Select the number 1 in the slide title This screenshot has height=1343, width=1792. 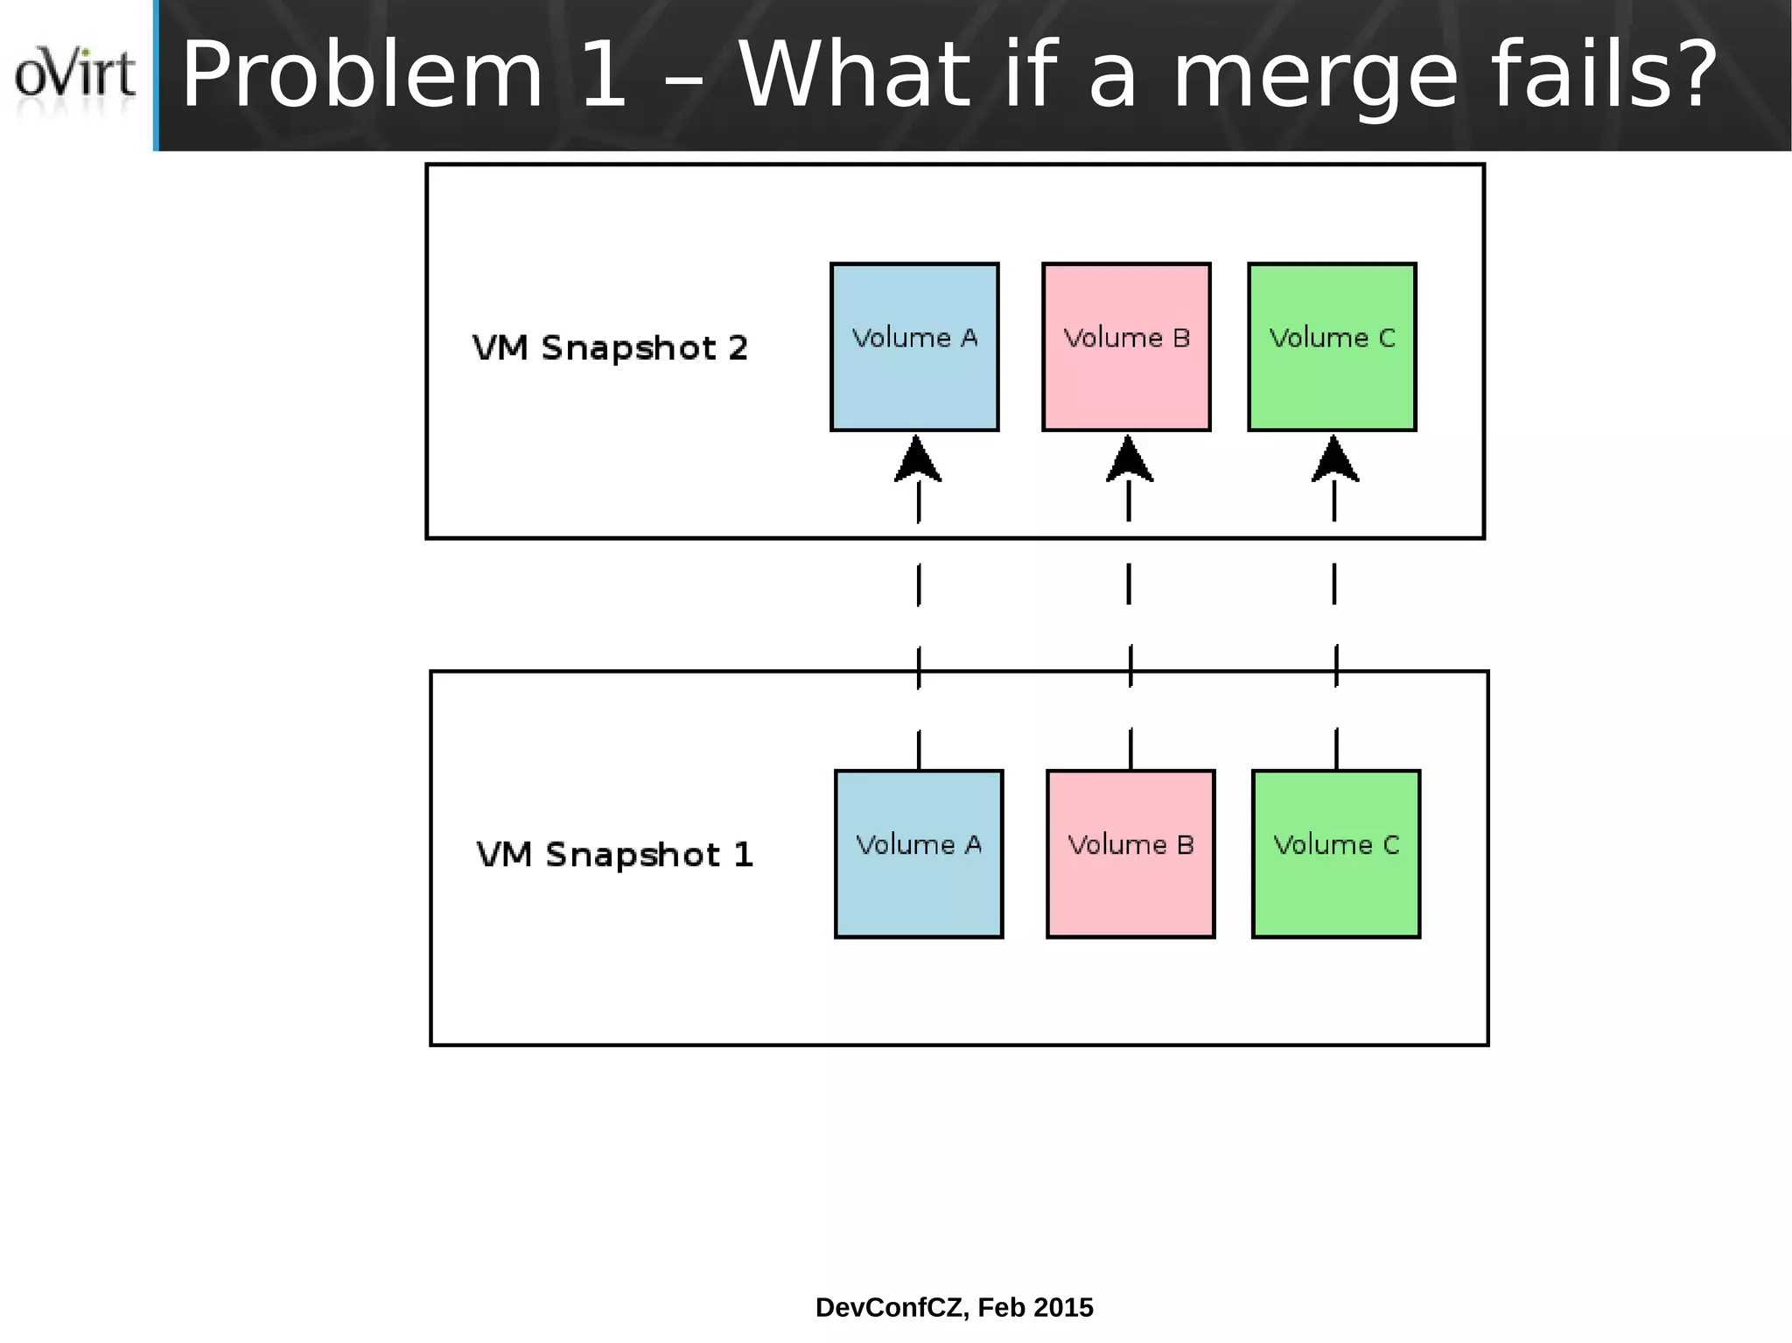tap(604, 77)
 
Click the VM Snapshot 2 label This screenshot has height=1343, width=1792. tap(610, 348)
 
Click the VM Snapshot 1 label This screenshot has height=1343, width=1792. tap(614, 855)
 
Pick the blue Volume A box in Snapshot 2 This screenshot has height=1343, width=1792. tap(914, 346)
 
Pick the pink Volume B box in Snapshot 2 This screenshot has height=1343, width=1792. tap(1126, 346)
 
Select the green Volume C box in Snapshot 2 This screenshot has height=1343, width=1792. tap(1332, 346)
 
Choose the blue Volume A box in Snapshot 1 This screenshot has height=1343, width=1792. tap(919, 854)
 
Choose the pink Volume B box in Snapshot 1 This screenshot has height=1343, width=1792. tap(1130, 854)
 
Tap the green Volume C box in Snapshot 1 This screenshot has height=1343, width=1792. tap(1336, 854)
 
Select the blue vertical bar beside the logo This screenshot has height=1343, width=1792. tap(157, 75)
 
